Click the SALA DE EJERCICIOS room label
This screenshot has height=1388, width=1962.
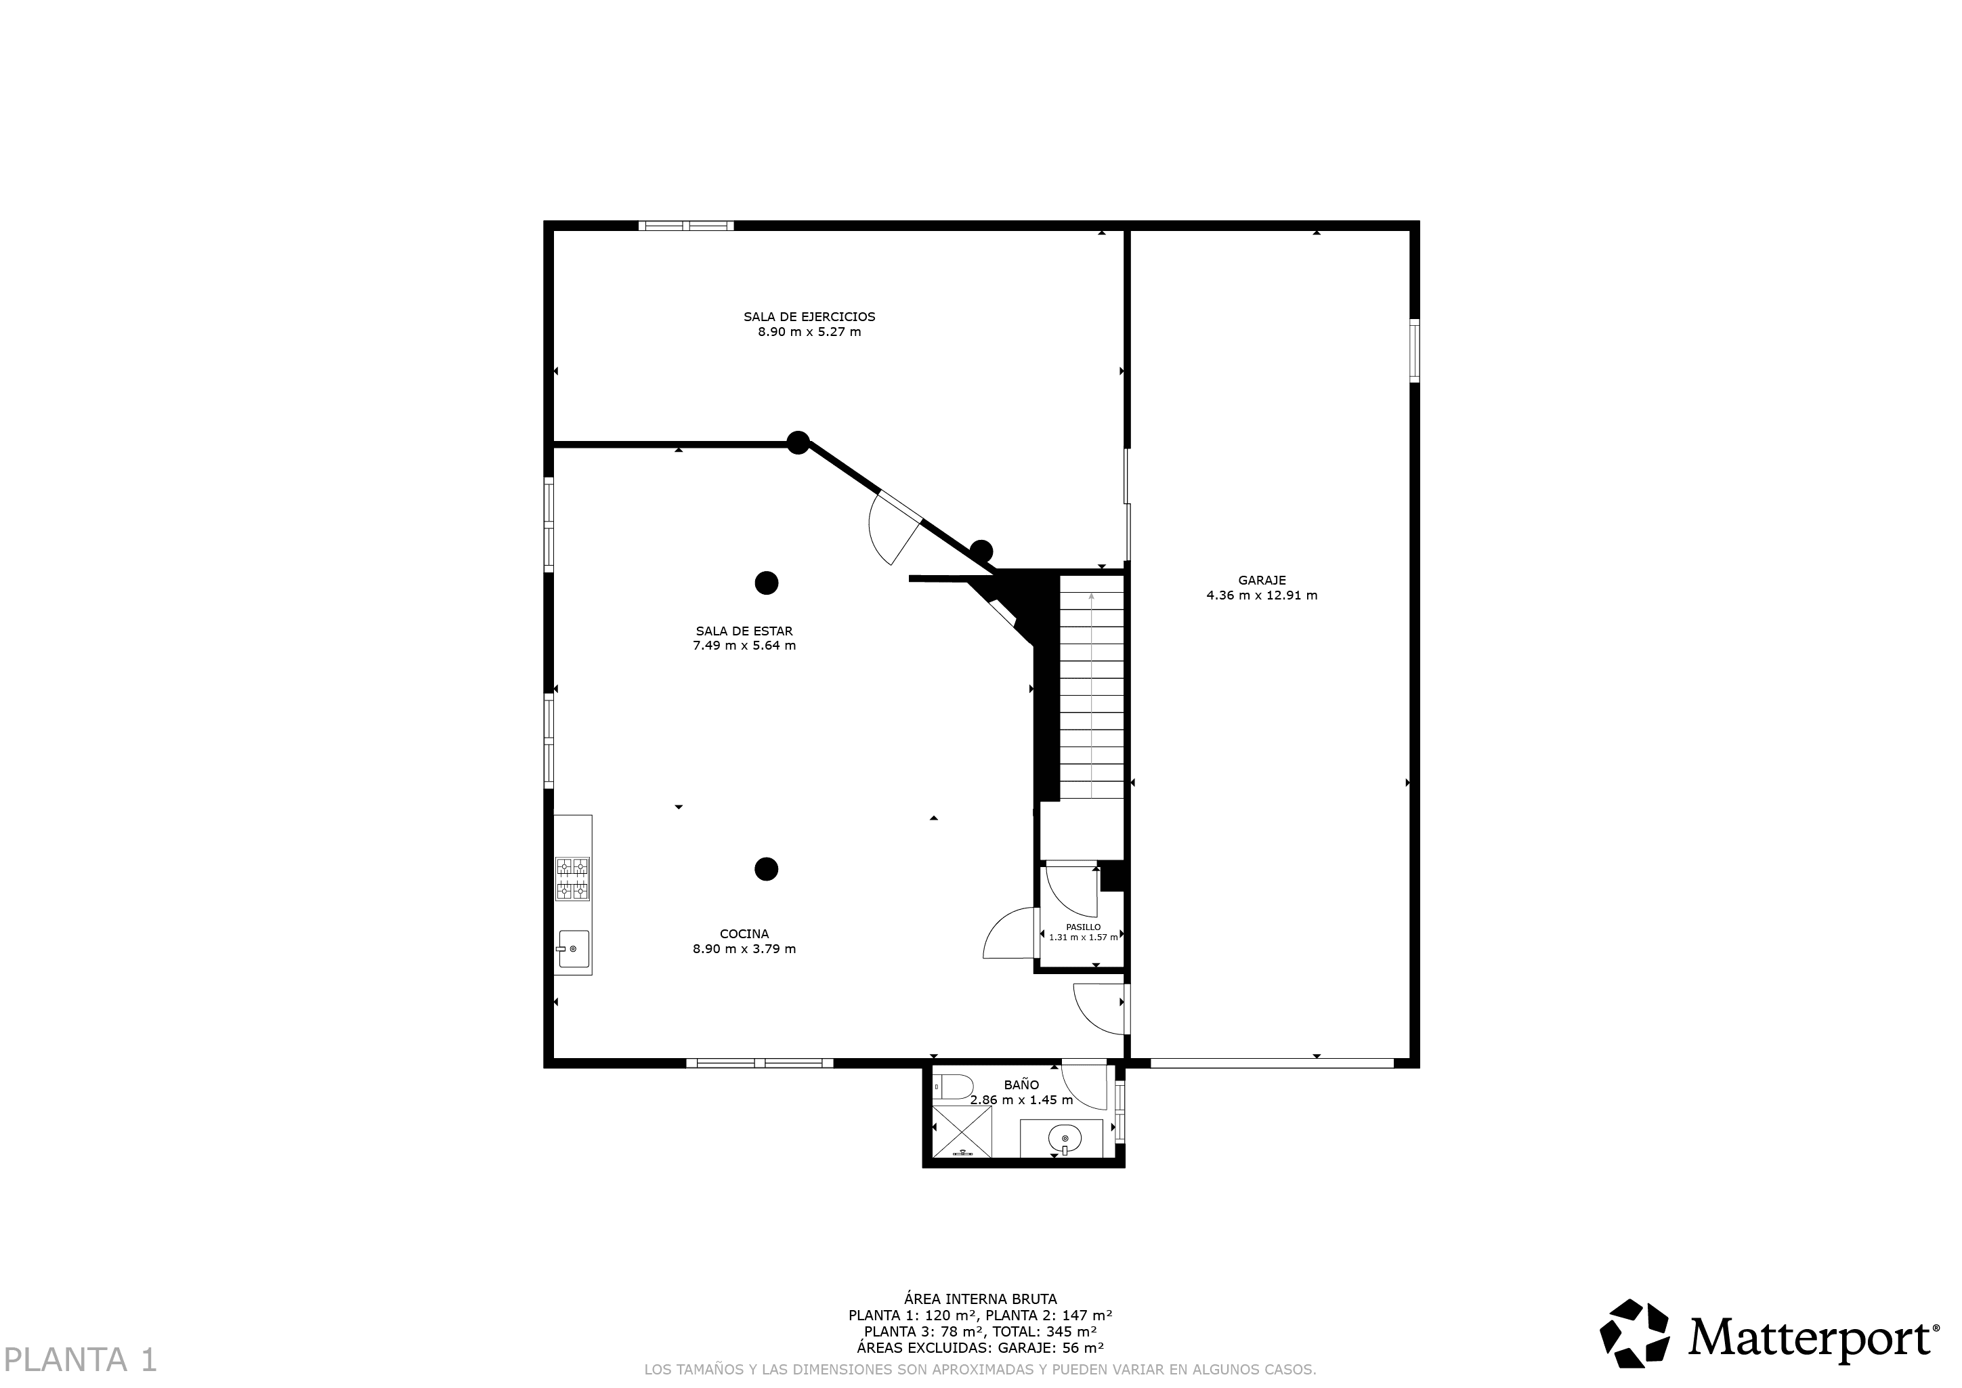click(809, 316)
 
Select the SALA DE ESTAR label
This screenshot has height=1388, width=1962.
click(744, 631)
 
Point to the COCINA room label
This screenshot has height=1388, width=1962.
click(744, 934)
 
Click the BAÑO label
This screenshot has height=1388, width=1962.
click(1021, 1085)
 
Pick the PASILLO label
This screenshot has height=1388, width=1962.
click(1083, 927)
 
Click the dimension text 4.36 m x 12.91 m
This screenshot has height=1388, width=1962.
click(1261, 595)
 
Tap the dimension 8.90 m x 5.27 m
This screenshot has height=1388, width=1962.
click(809, 332)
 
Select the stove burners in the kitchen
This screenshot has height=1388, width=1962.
click(572, 879)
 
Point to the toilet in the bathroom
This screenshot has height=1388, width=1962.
click(952, 1087)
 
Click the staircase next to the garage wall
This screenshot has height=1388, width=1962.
click(1091, 688)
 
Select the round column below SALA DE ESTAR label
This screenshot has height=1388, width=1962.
click(767, 869)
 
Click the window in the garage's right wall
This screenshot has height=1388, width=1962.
click(1414, 350)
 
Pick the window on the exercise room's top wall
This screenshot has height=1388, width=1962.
click(685, 226)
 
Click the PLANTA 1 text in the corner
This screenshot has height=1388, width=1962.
click(81, 1360)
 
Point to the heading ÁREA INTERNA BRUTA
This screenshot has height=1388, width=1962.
click(980, 1299)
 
